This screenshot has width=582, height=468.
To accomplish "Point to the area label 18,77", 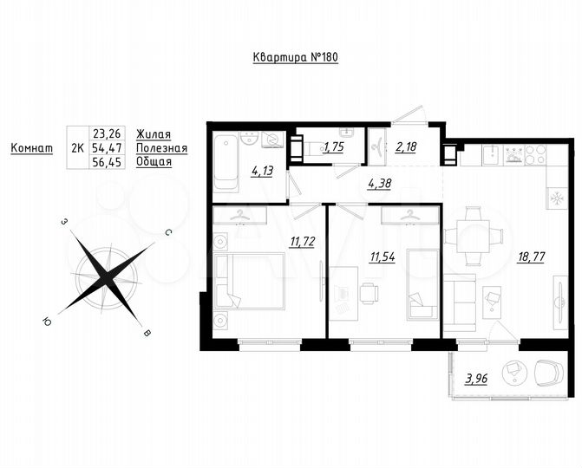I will pyautogui.click(x=531, y=257).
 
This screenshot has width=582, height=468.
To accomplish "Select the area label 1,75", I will pyautogui.click(x=333, y=148).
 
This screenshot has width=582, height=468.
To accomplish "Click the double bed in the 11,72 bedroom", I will pyautogui.click(x=250, y=281).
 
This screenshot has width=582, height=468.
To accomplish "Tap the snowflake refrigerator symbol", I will pyautogui.click(x=553, y=198).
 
